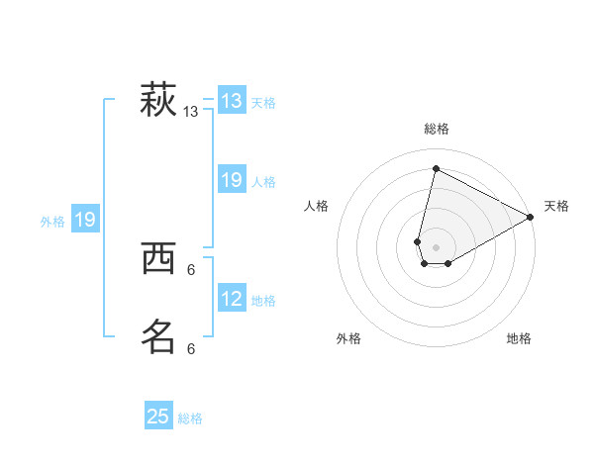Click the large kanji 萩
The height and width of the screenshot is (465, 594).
[x=158, y=100]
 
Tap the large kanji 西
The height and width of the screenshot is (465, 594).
[x=158, y=259]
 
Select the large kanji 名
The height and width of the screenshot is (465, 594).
[x=158, y=336]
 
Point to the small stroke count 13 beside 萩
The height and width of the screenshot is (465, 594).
[x=191, y=113]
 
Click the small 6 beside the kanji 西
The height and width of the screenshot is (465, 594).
[x=191, y=269]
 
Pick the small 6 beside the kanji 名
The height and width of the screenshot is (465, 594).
[x=191, y=348]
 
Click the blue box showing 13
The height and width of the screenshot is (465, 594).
[x=232, y=101]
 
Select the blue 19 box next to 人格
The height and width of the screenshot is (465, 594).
[x=232, y=180]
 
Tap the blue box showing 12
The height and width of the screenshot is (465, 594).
[x=232, y=298]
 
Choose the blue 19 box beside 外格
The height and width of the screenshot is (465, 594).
[x=85, y=220]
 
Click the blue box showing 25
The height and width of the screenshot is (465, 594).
[x=158, y=417]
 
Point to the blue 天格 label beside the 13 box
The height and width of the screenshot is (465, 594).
[x=263, y=103]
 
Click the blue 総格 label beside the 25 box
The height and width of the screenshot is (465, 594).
[x=190, y=418]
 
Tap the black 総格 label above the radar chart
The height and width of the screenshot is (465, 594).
[x=437, y=129]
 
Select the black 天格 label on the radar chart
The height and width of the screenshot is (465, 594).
[x=557, y=206]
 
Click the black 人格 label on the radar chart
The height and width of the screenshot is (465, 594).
[x=317, y=206]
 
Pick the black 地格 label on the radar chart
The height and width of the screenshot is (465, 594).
[x=520, y=338]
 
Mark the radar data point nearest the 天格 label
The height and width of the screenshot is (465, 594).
[x=531, y=218]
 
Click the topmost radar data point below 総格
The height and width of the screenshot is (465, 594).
[x=435, y=168]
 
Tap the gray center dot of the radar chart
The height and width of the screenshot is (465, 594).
[x=437, y=247]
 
